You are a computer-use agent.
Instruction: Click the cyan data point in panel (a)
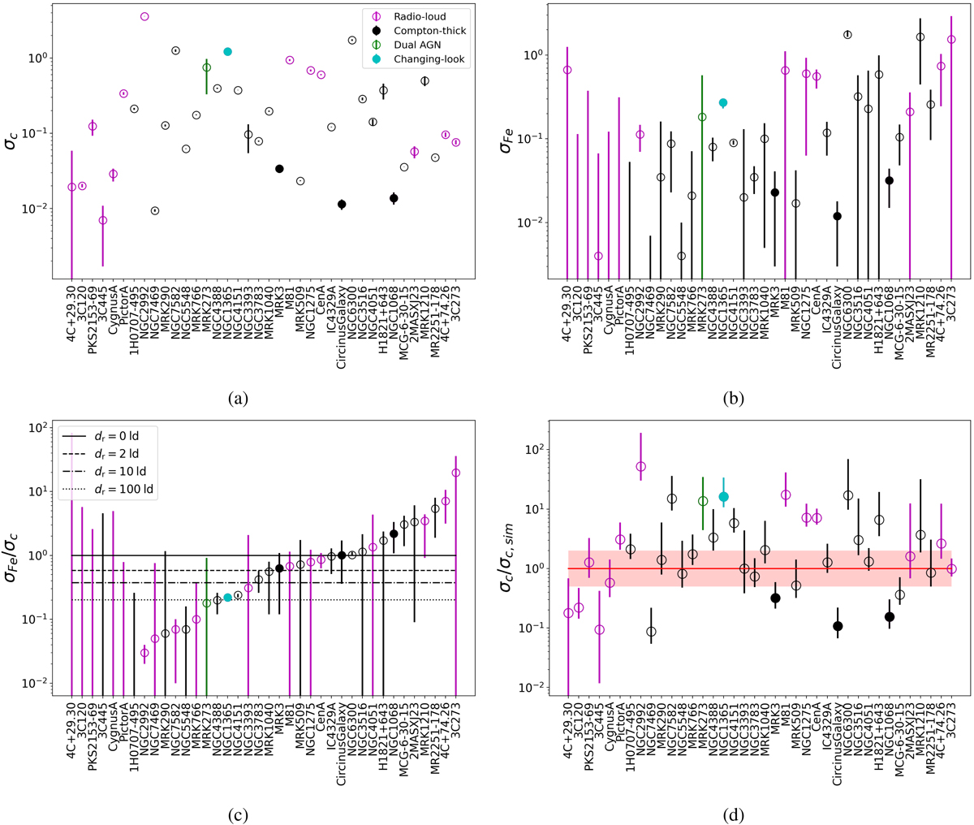point(228,52)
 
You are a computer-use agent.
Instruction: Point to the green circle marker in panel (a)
point(207,67)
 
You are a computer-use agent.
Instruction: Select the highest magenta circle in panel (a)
point(144,16)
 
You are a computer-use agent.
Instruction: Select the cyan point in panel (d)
point(723,497)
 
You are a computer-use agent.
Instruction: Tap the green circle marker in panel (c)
point(207,603)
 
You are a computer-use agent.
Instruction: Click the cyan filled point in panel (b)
point(723,103)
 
